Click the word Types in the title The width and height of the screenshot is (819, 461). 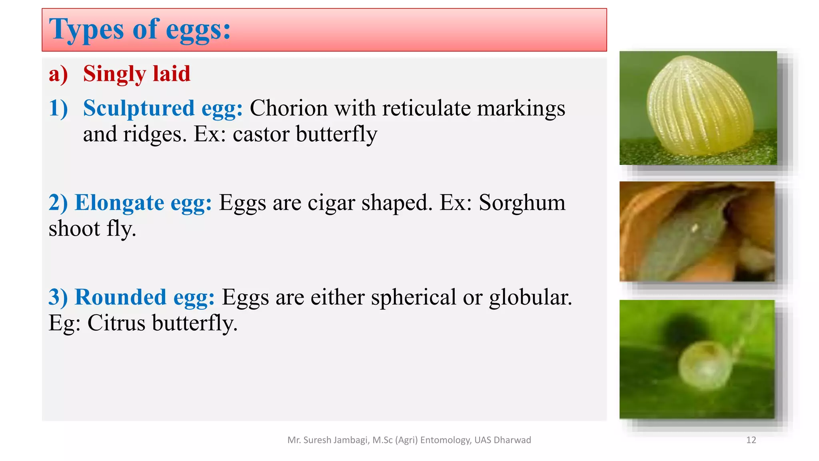(86, 30)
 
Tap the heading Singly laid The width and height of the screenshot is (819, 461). (136, 74)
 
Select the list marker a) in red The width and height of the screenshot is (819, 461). (58, 74)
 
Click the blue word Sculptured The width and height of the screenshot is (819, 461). (138, 108)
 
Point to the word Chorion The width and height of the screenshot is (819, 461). (288, 108)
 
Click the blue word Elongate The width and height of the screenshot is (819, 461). (119, 202)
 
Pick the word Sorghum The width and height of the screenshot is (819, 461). (522, 202)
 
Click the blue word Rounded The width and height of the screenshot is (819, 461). (120, 297)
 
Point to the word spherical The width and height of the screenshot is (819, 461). (413, 297)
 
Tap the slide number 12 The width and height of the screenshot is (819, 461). (751, 440)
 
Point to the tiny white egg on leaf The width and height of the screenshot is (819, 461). (695, 228)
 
